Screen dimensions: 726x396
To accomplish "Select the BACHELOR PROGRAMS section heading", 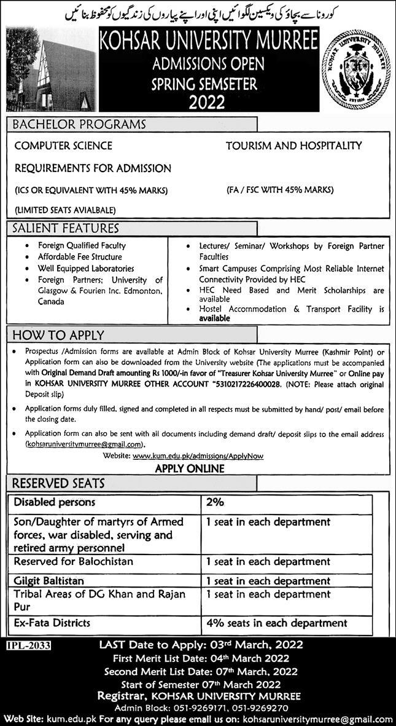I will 80,124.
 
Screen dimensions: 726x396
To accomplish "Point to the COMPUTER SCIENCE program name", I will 63,146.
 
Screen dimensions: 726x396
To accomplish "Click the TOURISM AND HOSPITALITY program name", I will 293,146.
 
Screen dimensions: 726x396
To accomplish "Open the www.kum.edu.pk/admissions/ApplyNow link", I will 198,457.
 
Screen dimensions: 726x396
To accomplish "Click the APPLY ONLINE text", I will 189,468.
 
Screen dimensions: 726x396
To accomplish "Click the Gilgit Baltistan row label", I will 49,580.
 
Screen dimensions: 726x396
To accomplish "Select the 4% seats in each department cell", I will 268,623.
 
